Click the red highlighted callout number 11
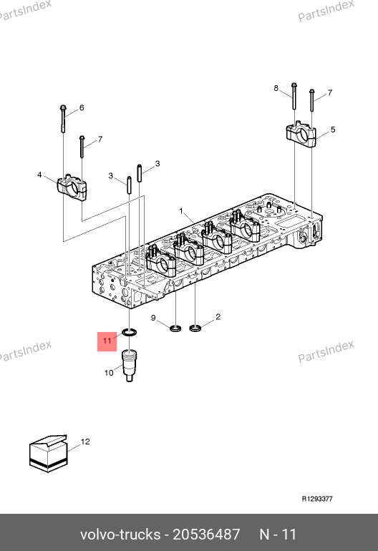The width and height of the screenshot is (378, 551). (107, 341)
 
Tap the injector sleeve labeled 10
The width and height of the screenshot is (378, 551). (129, 365)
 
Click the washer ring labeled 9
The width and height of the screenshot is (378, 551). (175, 329)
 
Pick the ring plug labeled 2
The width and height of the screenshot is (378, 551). (195, 328)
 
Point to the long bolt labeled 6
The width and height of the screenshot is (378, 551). (63, 118)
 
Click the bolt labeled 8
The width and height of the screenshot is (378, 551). (294, 96)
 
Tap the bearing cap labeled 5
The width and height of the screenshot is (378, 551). (301, 135)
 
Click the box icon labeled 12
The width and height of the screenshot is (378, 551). (48, 454)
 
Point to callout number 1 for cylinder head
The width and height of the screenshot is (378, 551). (181, 211)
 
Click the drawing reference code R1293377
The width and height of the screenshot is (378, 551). (317, 499)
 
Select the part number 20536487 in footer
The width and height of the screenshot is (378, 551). (206, 535)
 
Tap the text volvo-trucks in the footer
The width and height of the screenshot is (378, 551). (120, 535)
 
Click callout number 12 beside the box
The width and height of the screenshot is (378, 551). (85, 442)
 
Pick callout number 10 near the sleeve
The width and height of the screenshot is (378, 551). (109, 373)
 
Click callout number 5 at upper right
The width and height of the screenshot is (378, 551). (333, 130)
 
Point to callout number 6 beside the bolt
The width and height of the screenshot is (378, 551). (82, 107)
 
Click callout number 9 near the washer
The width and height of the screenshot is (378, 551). (153, 318)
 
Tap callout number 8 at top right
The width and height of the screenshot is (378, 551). (276, 88)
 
